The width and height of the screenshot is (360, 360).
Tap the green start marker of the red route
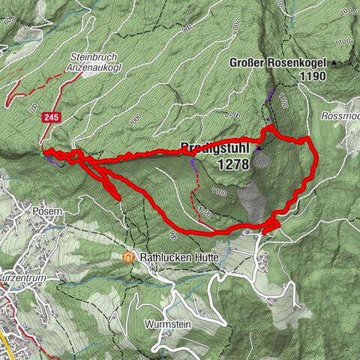click(x=43, y=153)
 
